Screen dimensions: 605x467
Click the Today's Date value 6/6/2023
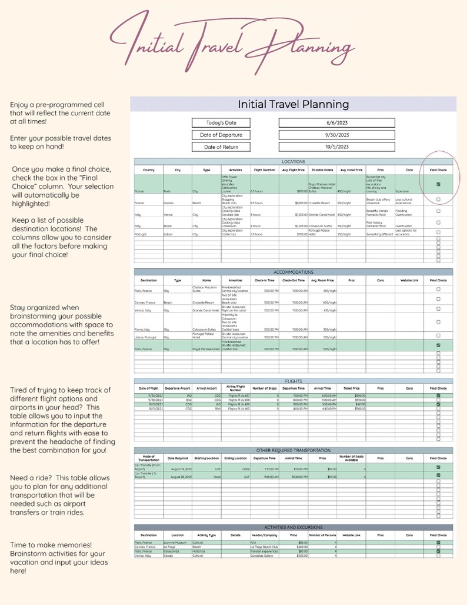(337, 123)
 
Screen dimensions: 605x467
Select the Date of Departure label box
(221, 135)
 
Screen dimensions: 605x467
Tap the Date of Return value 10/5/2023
(337, 147)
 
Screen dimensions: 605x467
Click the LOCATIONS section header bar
(293, 161)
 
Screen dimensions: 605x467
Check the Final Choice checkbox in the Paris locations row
(438, 184)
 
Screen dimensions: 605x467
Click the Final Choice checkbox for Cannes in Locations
(438, 200)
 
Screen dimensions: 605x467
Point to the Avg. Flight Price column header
(293, 170)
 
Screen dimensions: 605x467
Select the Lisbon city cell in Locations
(169, 234)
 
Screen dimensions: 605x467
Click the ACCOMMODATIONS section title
(293, 272)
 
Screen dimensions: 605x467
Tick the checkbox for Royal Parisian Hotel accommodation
(438, 345)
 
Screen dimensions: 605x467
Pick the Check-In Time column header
(265, 281)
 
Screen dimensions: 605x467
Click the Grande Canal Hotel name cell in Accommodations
(206, 310)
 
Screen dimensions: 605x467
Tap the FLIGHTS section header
(293, 381)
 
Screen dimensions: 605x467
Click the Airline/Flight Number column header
(235, 389)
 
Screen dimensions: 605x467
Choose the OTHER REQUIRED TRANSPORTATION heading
(293, 450)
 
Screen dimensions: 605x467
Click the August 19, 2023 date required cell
(178, 468)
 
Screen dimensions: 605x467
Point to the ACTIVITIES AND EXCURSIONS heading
(293, 527)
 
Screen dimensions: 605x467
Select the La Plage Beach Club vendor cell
(264, 547)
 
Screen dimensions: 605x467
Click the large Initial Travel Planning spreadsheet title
(293, 104)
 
